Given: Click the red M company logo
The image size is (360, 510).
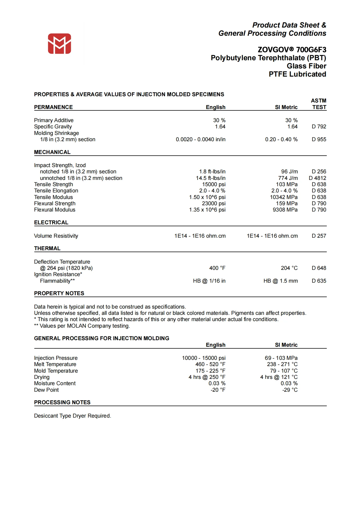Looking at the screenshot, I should click(59, 44).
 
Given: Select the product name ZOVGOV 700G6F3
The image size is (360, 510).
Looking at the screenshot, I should click(292, 50).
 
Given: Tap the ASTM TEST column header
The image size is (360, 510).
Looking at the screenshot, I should click(319, 104).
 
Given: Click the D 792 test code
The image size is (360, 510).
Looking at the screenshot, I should click(319, 126).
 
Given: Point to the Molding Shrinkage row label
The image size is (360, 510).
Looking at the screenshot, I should click(56, 133).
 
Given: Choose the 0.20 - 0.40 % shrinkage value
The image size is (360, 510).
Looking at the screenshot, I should click(281, 139).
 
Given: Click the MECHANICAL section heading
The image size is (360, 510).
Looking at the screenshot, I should click(52, 152).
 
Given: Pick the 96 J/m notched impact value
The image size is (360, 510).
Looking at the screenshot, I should click(289, 171).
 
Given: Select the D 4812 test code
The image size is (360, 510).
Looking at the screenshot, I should click(317, 178).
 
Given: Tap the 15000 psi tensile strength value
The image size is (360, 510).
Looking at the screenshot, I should click(214, 184).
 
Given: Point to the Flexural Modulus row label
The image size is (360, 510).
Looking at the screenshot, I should click(54, 210).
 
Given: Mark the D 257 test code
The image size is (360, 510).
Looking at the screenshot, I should click(319, 236).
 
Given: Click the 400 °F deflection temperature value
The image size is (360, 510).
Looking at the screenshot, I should click(217, 268).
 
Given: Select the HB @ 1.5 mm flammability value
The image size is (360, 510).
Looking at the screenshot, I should click(280, 281).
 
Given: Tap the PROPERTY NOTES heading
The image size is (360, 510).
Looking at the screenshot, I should click(59, 293).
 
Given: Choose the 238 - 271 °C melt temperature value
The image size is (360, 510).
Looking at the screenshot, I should click(282, 364).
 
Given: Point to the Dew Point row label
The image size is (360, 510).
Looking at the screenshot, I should click(46, 390).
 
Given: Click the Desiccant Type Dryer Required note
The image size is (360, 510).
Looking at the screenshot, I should click(72, 416).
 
